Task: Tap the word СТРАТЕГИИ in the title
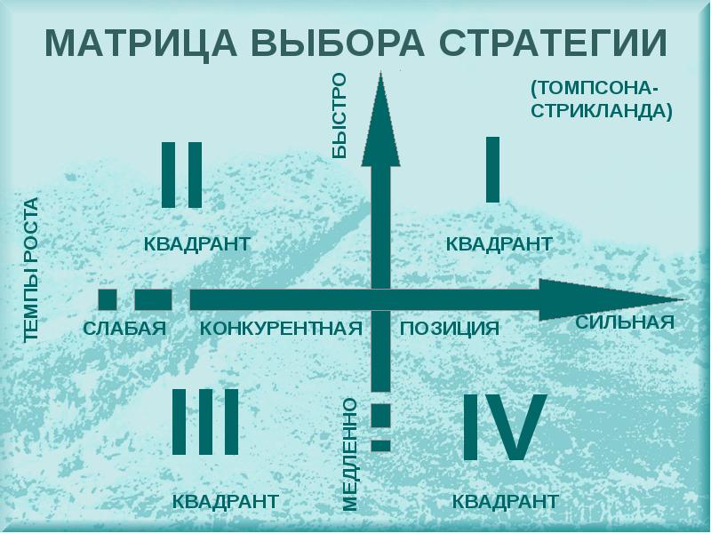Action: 553,43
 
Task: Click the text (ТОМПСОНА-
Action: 595,88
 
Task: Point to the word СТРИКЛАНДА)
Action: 602,110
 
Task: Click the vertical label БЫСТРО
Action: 340,115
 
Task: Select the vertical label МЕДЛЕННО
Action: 349,455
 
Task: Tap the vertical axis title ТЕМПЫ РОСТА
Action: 31,270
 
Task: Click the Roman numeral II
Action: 182,175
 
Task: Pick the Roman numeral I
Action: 493,170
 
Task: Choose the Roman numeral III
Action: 205,421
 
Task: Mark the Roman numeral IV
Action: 504,427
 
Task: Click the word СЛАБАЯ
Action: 124,328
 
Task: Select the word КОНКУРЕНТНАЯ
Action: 281,328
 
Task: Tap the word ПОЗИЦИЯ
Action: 450,329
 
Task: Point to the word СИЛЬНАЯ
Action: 625,322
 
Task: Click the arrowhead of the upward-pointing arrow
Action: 381,119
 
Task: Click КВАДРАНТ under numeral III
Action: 226,502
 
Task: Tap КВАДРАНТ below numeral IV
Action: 506,502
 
